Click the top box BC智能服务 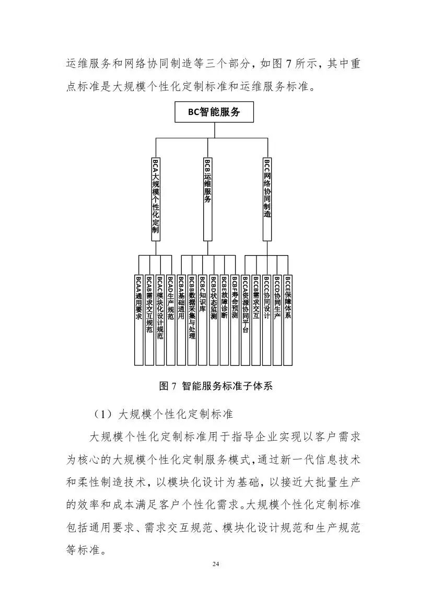pos(214,112)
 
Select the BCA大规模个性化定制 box pos(156,198)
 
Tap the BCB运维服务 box pos(207,198)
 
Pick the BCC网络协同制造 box pos(267,198)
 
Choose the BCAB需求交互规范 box pos(149,319)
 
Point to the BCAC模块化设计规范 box pos(160,319)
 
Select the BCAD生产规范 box pos(171,319)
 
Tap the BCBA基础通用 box pos(181,319)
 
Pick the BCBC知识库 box pos(203,319)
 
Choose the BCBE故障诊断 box pos(224,319)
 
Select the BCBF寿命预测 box pos(235,319)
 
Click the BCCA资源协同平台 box pos(246,319)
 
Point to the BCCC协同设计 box pos(266,319)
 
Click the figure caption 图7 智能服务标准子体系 pos(216,386)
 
